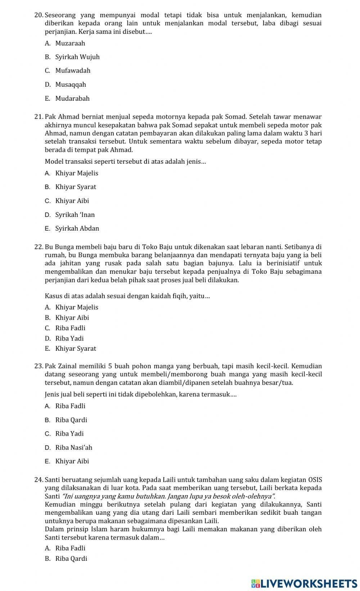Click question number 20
(x=39, y=15)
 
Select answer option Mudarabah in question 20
(x=72, y=99)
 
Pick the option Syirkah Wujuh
(x=77, y=57)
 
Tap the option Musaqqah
(x=71, y=85)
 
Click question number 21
(x=39, y=117)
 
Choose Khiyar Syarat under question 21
(x=76, y=187)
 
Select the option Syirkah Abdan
(x=77, y=228)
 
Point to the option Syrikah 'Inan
(x=75, y=215)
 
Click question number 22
(x=39, y=247)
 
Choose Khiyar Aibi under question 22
(x=72, y=318)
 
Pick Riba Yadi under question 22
(x=69, y=338)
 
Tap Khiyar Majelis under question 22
(x=76, y=308)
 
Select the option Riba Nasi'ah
(x=73, y=448)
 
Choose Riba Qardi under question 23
(x=71, y=420)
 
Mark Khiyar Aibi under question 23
(x=72, y=462)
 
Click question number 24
(x=39, y=480)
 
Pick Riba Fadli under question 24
(x=70, y=549)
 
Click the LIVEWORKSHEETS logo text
(x=309, y=583)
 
